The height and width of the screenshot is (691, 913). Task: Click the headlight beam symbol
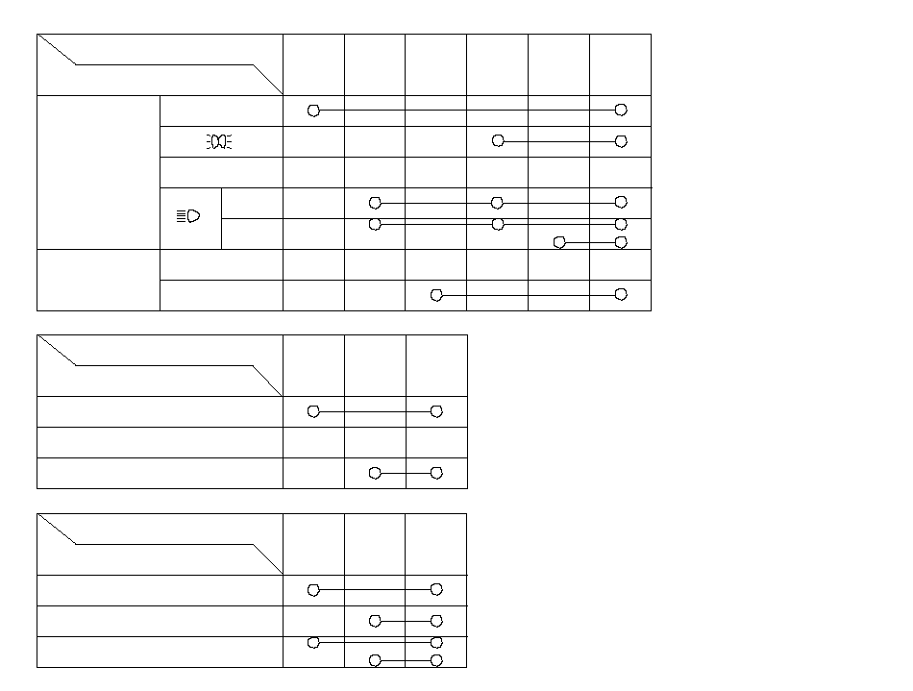click(188, 216)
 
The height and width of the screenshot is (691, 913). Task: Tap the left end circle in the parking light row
click(498, 141)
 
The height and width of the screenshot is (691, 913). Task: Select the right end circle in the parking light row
click(621, 141)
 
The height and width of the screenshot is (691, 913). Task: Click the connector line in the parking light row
click(559, 141)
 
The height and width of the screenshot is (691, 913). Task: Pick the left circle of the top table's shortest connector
click(559, 242)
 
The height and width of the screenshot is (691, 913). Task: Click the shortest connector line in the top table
click(590, 242)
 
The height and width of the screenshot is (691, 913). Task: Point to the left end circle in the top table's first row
click(313, 111)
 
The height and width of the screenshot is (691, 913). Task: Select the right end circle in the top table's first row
click(621, 111)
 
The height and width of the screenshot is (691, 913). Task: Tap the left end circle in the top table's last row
click(436, 294)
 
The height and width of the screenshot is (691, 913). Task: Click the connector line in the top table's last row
click(529, 294)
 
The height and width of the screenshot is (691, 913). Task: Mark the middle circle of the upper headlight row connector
click(497, 202)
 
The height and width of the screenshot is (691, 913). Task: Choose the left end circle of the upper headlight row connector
click(376, 202)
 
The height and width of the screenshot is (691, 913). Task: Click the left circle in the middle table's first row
click(313, 411)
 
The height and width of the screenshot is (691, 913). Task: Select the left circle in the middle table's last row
click(376, 473)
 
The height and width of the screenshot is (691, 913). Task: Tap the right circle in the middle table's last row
click(436, 473)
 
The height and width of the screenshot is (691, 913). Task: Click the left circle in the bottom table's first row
click(313, 589)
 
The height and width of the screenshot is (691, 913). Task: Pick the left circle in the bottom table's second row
click(376, 621)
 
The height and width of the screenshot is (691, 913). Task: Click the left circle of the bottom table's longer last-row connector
click(313, 642)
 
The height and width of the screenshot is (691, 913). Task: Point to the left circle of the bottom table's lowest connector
click(376, 660)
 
